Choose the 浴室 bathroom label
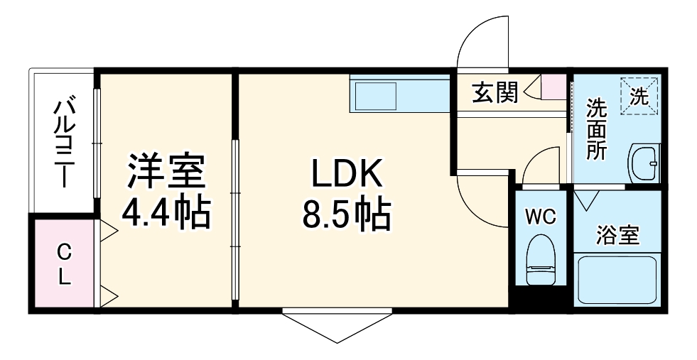point(617,234)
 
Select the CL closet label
point(64,263)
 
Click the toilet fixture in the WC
point(541,259)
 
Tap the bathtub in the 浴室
point(617,280)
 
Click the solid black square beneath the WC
point(541,298)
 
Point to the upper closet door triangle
point(107,229)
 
